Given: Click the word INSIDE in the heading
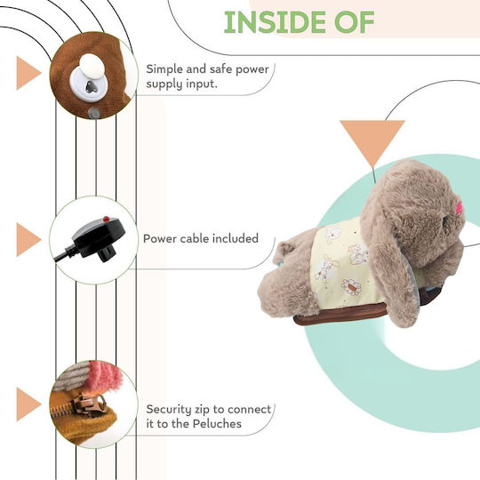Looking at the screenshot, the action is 275,22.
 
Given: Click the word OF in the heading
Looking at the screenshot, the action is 354,22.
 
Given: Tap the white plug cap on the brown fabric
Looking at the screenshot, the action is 92,67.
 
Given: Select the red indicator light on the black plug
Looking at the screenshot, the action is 107,219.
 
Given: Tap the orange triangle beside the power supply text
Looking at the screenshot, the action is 28,73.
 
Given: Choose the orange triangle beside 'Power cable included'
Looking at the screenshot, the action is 28,240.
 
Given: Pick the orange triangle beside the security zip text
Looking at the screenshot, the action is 28,404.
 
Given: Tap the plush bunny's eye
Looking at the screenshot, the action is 445,221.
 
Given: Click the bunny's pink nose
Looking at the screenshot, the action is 460,207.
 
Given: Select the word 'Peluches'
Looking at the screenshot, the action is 217,424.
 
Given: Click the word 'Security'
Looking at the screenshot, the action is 170,410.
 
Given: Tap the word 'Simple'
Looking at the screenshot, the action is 164,70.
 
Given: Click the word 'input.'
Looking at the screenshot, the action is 202,84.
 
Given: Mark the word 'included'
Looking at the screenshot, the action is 236,238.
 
